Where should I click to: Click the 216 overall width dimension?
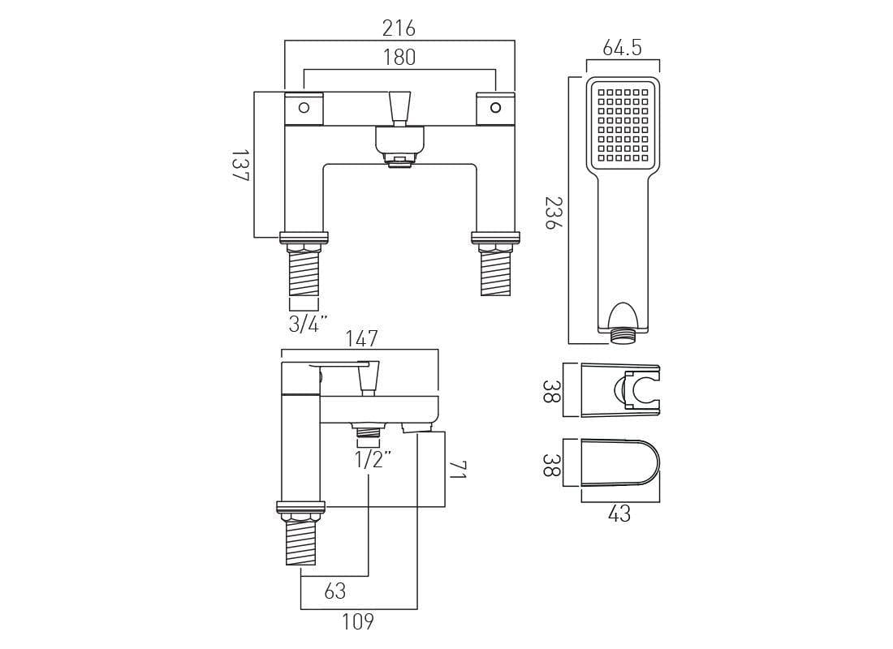[399, 28]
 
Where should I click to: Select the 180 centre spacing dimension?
[399, 57]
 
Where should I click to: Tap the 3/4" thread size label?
[308, 324]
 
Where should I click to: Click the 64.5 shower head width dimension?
[622, 48]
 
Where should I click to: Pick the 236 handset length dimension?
[553, 213]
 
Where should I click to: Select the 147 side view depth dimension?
[361, 338]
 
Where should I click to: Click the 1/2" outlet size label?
[373, 458]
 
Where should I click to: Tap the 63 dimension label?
[335, 591]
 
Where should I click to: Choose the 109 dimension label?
[357, 621]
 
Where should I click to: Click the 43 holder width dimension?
[619, 514]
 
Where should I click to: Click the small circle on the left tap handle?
[304, 108]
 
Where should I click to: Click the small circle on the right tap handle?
[495, 108]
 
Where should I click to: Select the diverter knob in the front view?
[399, 108]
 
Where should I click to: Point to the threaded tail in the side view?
[300, 542]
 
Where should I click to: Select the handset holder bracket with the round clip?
[622, 390]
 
